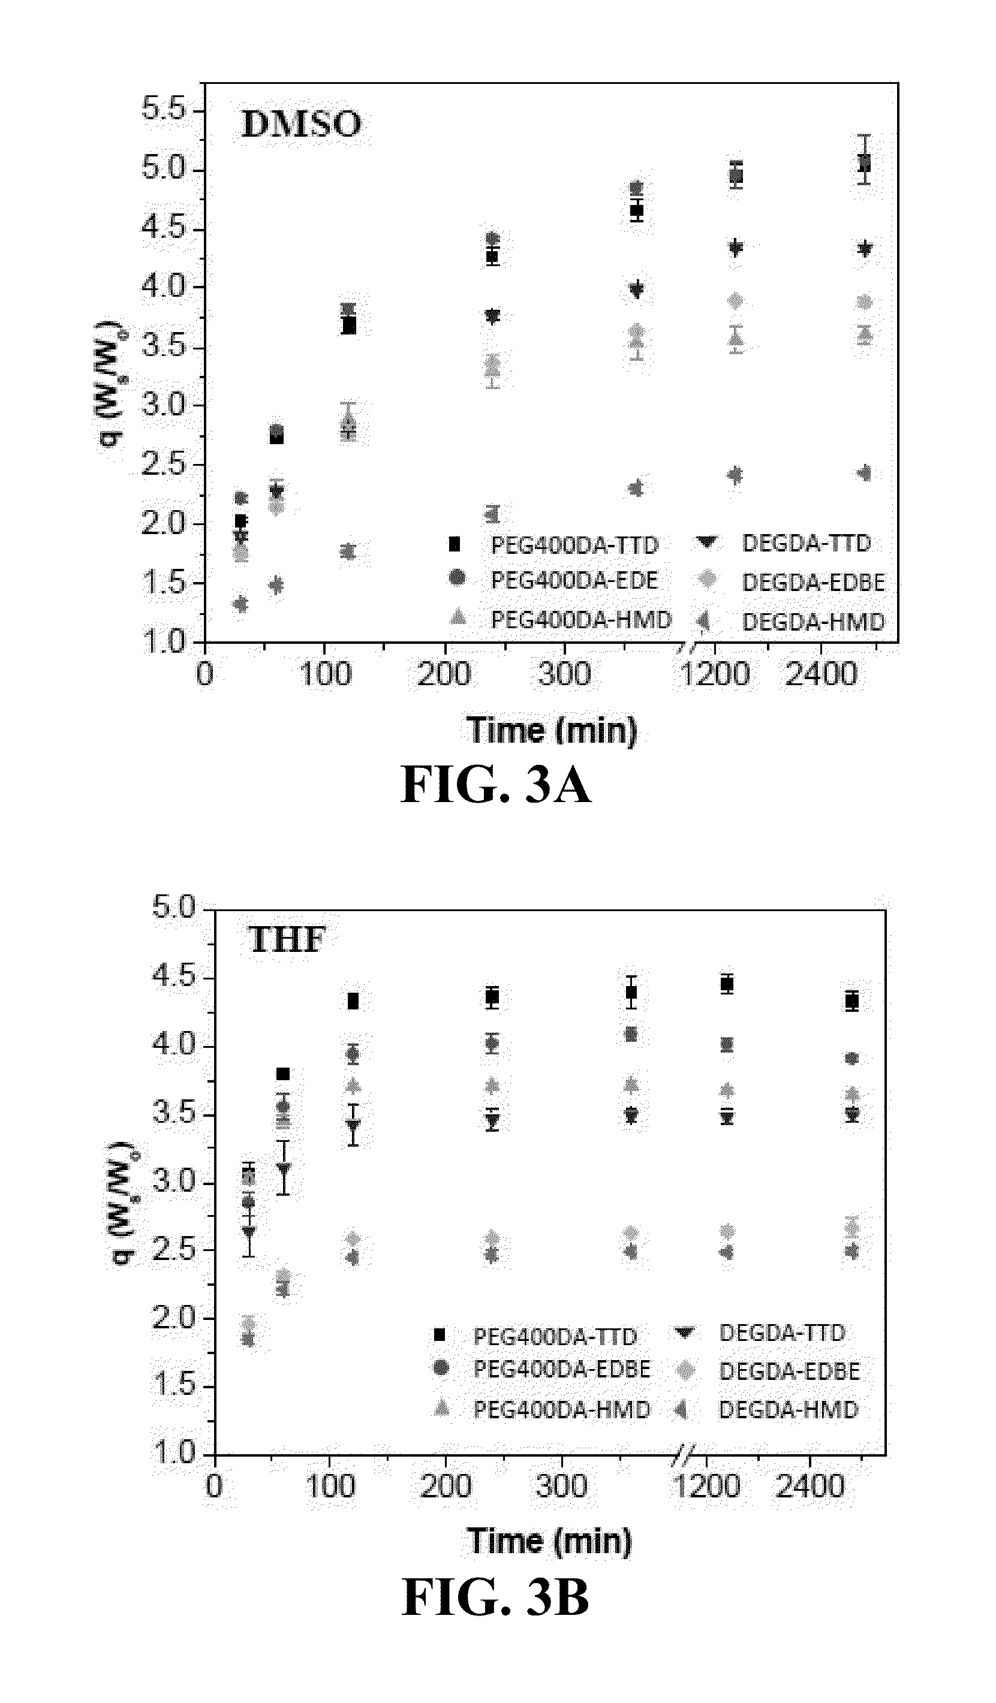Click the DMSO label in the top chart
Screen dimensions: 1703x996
[301, 124]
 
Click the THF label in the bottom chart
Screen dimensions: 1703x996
[287, 940]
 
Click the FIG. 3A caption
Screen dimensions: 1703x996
[496, 785]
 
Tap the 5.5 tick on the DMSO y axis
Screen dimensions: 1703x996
[164, 110]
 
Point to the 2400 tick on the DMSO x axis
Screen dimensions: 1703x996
[821, 674]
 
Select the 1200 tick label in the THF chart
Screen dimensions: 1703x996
[708, 1487]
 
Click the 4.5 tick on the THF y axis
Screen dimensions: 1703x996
[174, 977]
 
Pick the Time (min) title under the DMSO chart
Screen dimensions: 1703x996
[551, 731]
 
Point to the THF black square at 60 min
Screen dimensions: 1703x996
[282, 1074]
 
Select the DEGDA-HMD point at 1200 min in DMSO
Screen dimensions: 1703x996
[735, 475]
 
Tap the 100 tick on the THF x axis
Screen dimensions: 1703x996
[329, 1487]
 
